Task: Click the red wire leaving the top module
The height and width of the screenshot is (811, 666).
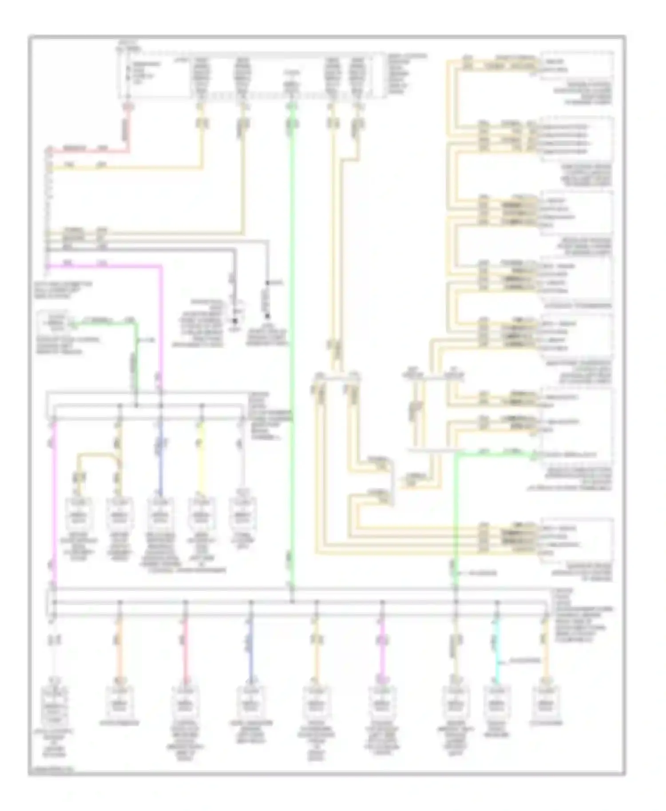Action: [129, 129]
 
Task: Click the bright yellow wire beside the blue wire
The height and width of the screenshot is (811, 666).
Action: [202, 457]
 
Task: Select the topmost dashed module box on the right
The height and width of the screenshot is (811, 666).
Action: [576, 65]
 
